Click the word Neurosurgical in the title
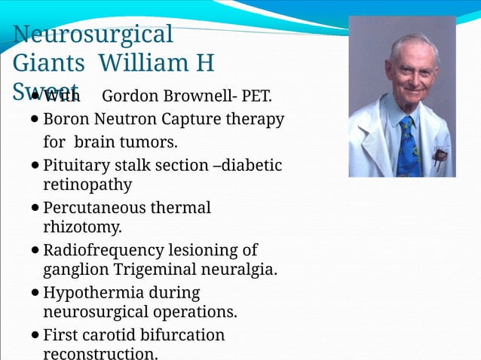[93, 35]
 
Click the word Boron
[66, 119]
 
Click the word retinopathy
[87, 185]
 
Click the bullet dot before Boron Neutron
[35, 120]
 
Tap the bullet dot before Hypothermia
[35, 292]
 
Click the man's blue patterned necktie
[408, 147]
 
